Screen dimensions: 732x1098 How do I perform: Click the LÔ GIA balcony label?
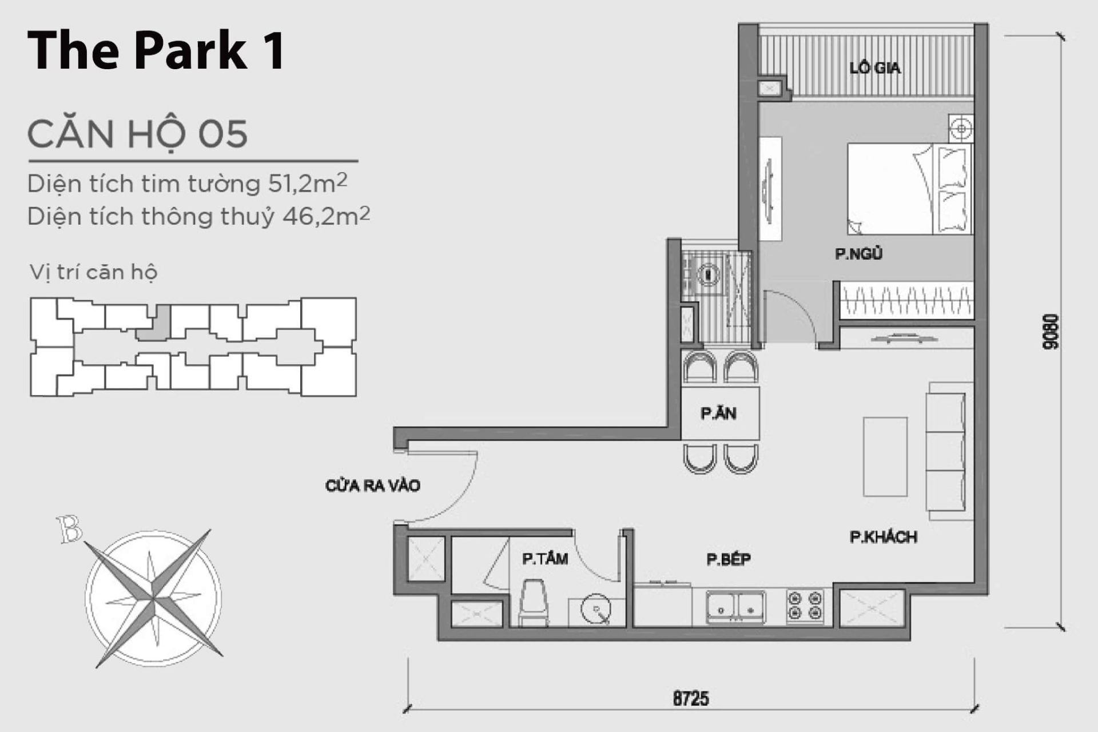874,68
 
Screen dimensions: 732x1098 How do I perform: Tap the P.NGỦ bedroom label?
858,253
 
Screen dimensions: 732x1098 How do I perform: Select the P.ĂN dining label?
718,413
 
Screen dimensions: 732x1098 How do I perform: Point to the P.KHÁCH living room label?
883,537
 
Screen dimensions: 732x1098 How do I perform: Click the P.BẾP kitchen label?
728,559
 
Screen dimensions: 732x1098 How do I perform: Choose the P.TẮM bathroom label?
544,559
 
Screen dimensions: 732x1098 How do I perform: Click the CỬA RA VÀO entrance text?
372,486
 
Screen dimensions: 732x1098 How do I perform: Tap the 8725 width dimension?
690,698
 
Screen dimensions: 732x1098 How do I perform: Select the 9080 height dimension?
1051,332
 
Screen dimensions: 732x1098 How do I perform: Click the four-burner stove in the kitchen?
805,606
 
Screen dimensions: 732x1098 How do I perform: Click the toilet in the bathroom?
533,603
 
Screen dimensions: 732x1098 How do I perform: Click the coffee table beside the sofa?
885,456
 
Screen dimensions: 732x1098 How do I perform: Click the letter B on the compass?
69,529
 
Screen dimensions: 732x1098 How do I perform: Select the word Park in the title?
190,50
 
